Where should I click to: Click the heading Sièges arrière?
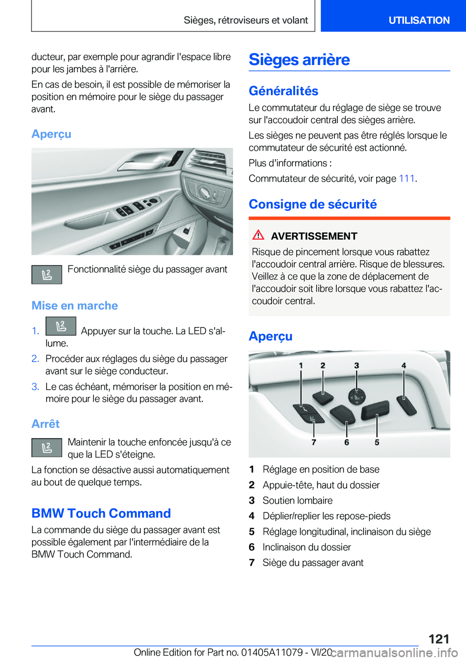(x=299, y=60)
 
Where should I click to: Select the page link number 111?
(x=406, y=179)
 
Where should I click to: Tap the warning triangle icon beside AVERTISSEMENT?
(x=258, y=235)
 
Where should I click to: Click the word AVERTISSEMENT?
(x=314, y=236)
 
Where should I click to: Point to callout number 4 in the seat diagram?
(x=403, y=365)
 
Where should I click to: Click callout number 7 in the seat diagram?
(x=314, y=442)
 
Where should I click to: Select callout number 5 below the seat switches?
(x=377, y=442)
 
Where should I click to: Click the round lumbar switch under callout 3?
(x=357, y=397)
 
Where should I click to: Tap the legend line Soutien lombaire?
(x=297, y=500)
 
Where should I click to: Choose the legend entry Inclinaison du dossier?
(x=306, y=547)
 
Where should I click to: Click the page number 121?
(x=438, y=638)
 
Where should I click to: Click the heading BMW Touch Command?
(x=101, y=513)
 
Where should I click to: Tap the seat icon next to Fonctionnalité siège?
(x=47, y=275)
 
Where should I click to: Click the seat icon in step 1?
(x=61, y=326)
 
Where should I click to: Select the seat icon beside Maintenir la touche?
(x=47, y=447)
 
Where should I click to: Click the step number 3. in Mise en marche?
(x=35, y=387)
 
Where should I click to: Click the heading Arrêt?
(x=46, y=424)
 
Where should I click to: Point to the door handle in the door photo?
(x=146, y=163)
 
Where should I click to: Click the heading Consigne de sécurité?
(x=313, y=204)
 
